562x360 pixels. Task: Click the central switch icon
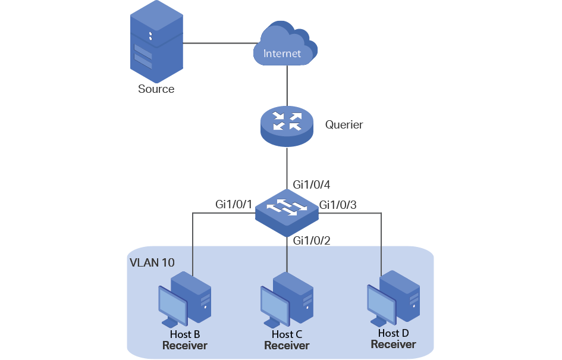click(287, 211)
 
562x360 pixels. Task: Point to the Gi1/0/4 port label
click(312, 185)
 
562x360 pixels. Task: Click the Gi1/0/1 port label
click(234, 205)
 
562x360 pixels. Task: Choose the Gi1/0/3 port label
click(338, 205)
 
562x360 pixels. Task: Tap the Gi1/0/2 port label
click(312, 240)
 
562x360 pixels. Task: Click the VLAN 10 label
click(152, 262)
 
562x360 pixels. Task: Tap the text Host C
click(287, 335)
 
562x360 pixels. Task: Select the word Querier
click(344, 125)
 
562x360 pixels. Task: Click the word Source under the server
click(156, 89)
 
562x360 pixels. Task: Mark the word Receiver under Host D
click(393, 344)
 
